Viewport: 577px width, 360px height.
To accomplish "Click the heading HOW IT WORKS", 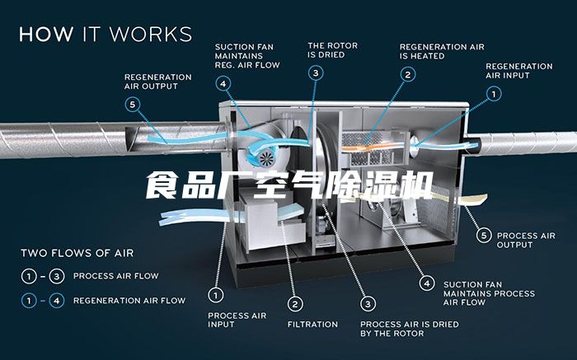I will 106,35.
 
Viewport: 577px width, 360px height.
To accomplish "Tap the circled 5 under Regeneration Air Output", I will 134,105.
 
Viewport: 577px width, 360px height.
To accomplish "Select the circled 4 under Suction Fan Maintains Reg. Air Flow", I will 223,83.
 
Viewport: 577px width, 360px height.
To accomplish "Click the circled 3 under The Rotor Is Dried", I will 317,72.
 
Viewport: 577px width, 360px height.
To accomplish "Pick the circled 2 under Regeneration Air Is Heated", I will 406,74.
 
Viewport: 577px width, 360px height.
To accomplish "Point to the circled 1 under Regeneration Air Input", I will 493,94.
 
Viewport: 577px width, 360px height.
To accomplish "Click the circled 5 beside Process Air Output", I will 484,235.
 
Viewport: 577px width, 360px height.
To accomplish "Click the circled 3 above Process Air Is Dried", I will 368,304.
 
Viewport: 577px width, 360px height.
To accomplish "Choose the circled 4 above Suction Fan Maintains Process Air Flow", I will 426,283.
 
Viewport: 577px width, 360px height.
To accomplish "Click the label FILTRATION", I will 312,325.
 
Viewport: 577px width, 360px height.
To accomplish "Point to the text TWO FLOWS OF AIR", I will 77,253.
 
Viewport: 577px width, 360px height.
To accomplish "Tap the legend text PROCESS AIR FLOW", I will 116,276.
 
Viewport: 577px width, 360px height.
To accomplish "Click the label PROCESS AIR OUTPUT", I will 526,240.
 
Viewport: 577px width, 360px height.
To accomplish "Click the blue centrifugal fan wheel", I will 266,157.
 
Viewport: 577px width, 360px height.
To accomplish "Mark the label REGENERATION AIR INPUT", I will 518,70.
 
